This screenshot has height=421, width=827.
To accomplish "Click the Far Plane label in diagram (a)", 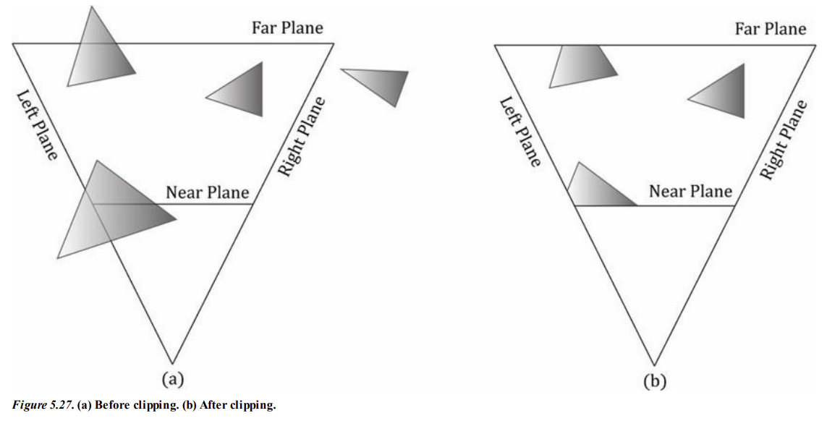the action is click(x=287, y=27).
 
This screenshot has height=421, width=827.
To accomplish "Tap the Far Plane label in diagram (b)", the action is click(x=770, y=29).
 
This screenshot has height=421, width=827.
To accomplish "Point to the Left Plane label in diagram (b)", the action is click(x=519, y=132).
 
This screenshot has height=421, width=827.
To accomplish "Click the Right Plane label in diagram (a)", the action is click(x=301, y=137).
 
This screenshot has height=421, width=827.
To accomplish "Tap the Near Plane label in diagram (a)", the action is click(x=207, y=192).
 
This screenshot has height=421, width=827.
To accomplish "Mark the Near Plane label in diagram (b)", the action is click(x=690, y=192).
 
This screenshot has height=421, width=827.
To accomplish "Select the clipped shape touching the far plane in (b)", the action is click(x=581, y=65).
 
